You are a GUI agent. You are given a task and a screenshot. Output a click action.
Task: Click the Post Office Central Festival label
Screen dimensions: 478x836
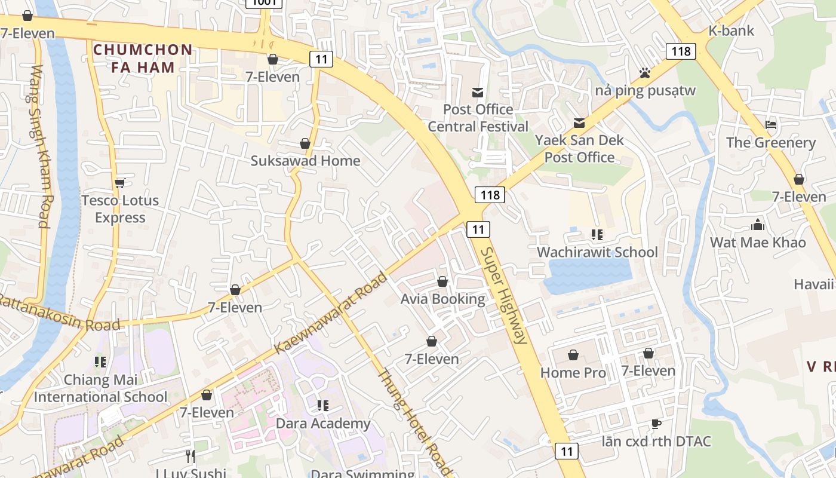click(478, 118)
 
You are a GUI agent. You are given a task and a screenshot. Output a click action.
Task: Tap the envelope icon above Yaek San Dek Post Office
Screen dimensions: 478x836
click(579, 123)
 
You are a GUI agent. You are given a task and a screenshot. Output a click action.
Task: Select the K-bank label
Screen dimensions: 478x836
click(731, 30)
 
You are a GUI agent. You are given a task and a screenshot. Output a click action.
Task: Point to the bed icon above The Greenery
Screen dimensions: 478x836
click(771, 125)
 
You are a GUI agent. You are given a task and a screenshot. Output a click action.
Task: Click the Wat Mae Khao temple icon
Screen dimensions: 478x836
click(758, 225)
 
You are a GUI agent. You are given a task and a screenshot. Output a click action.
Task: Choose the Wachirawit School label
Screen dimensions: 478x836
click(597, 252)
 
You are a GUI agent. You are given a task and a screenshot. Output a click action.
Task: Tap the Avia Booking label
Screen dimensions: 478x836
click(442, 299)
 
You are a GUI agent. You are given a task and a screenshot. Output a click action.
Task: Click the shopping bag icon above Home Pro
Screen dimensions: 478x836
click(573, 355)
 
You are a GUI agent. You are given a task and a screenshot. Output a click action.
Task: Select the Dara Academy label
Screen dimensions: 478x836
click(323, 424)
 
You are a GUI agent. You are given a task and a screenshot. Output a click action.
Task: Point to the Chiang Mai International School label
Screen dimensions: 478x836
click(100, 388)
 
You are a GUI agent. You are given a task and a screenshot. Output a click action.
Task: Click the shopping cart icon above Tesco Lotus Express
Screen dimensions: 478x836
click(120, 183)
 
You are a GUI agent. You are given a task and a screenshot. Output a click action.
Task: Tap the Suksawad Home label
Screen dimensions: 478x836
click(305, 161)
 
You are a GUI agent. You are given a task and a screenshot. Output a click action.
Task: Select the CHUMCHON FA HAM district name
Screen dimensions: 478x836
click(143, 58)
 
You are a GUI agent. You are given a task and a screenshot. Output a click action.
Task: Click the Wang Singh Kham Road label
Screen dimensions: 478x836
click(39, 146)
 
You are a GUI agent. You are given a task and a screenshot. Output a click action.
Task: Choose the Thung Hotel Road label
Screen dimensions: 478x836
click(415, 422)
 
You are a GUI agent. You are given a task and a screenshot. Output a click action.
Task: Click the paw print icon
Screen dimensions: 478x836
click(644, 73)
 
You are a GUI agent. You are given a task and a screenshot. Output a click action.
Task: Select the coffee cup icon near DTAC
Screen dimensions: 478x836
click(656, 424)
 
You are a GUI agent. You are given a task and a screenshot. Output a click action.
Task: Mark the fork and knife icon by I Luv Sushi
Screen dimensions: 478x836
click(190, 456)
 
